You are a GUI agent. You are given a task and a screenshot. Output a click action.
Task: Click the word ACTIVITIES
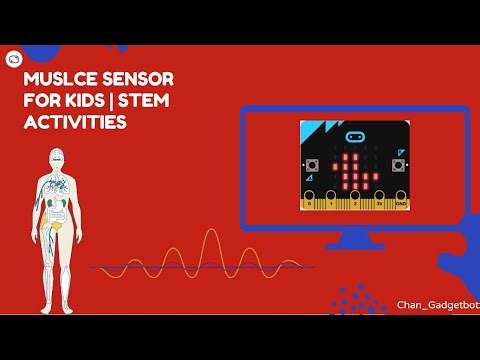coord(76,123)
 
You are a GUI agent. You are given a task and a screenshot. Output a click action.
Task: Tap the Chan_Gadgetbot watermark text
coord(437,304)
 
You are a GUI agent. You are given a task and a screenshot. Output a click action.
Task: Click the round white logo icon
coord(14,59)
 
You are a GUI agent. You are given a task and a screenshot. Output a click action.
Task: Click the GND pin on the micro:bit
coord(401,204)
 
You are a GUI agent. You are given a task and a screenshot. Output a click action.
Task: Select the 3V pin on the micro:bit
coord(379,204)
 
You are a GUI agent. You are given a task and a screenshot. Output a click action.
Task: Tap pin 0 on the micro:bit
coord(309,204)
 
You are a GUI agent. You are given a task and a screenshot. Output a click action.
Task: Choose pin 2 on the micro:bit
coord(356,204)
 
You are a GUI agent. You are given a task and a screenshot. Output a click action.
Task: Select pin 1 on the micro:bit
coord(332,204)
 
